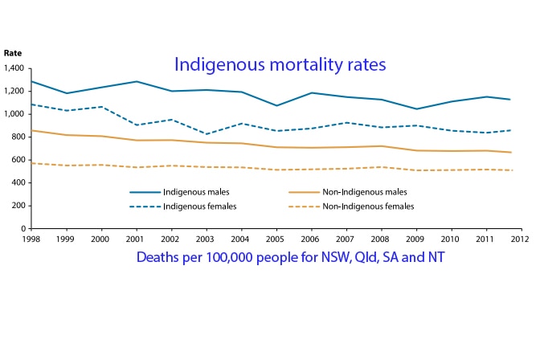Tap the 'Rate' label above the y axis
pos(13,53)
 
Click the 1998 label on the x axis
pos(31,239)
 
